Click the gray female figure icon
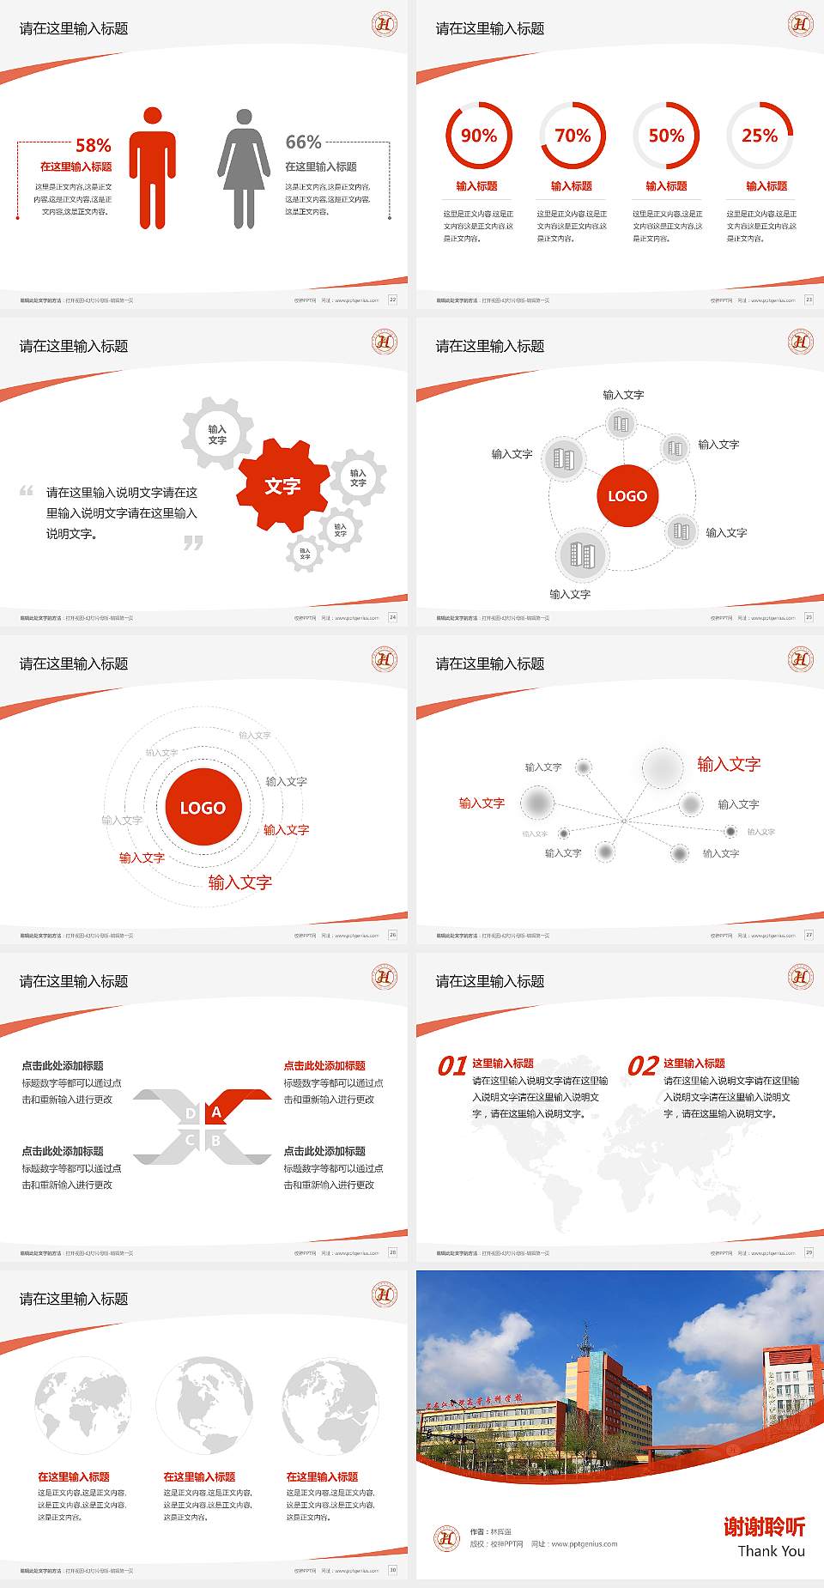coord(244,169)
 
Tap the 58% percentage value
coord(94,145)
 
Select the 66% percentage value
coord(303,142)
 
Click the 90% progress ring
coord(478,136)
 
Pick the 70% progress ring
coord(573,136)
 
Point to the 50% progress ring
coord(666,136)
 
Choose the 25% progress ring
coord(760,136)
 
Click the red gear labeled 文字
coord(282,486)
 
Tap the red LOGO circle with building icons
coord(627,496)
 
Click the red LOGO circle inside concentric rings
coord(203,808)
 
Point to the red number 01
coord(452,1066)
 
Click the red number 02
coord(643,1066)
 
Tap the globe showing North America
coord(204,1405)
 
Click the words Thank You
coord(771,1551)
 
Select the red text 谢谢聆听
coord(764,1526)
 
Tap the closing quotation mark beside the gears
coord(194,542)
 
